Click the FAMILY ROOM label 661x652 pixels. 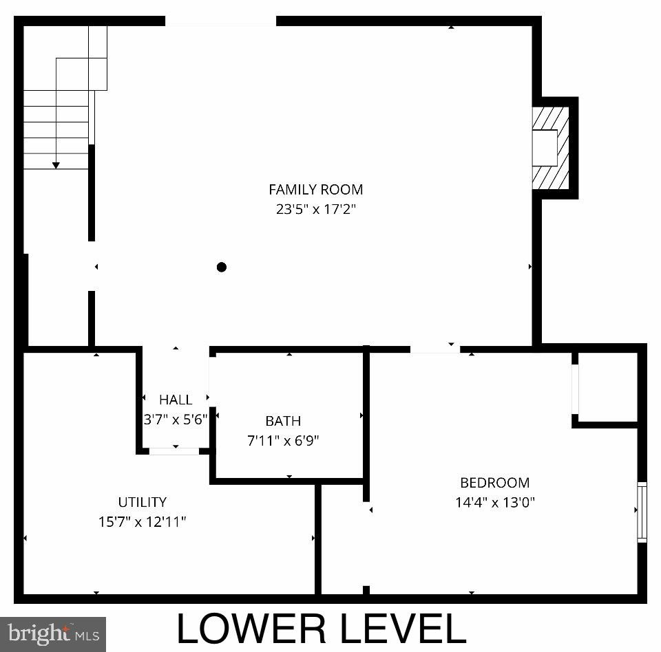coord(315,189)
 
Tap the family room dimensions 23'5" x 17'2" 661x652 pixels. coord(315,209)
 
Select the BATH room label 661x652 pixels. coord(283,421)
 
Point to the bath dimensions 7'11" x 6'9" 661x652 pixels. coord(283,440)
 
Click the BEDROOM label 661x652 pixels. coord(494,483)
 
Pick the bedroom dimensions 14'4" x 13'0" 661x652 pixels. coord(494,502)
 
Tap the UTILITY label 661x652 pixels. coord(142,502)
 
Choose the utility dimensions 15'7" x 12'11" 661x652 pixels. coord(142,521)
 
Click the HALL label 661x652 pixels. coord(176,400)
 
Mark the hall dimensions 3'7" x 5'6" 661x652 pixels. coord(176,419)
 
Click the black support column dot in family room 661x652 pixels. coord(222,267)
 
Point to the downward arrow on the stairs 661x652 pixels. coord(56,164)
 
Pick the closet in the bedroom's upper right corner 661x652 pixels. coord(608,387)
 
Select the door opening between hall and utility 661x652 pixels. coord(174,451)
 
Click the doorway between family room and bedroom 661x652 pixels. coord(435,349)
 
